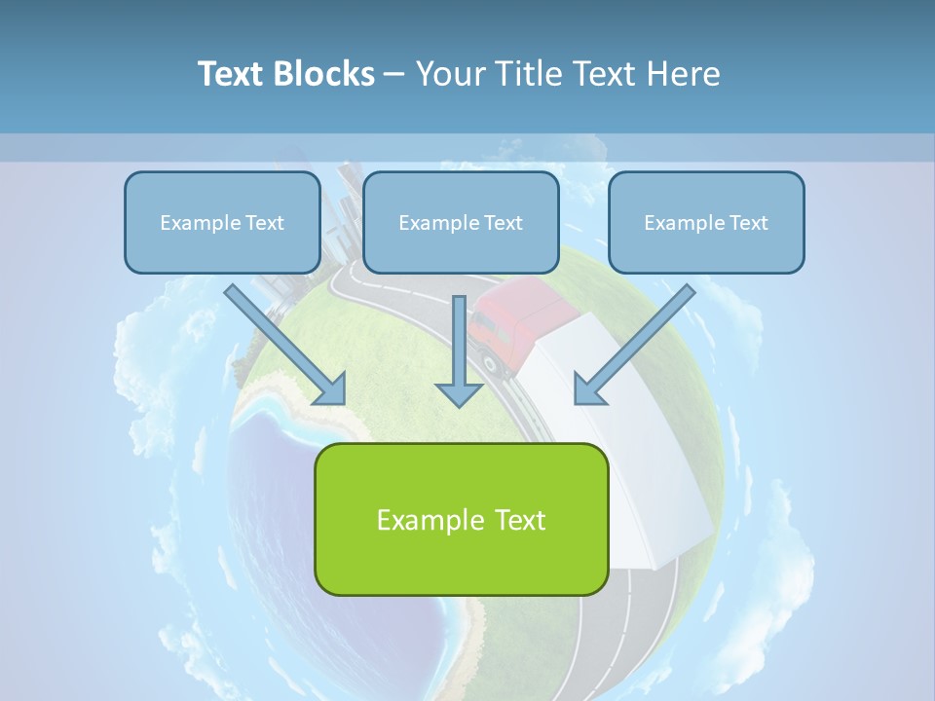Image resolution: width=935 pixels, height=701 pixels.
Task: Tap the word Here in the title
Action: click(685, 73)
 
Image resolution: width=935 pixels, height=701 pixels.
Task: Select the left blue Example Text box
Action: click(222, 222)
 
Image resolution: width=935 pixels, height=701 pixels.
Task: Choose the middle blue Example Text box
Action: click(461, 222)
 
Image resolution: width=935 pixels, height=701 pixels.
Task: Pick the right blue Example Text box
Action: click(706, 222)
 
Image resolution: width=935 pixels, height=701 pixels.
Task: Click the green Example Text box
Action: click(461, 519)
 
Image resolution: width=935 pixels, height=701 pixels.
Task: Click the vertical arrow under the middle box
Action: click(459, 350)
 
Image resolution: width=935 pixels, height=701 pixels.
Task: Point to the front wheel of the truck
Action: click(491, 364)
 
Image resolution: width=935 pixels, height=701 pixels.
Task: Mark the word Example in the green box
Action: click(426, 520)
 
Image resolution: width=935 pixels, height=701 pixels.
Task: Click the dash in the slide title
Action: click(394, 75)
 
